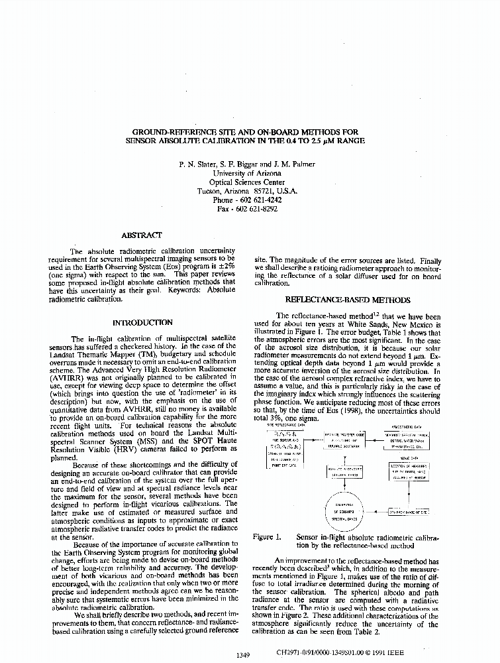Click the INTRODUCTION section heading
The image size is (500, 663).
click(x=142, y=322)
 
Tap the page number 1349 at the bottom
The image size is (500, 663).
click(x=242, y=656)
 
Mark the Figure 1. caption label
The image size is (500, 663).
click(x=267, y=537)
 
